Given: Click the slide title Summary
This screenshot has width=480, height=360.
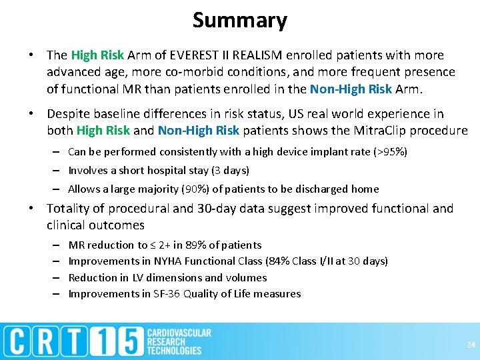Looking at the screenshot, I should (239, 20).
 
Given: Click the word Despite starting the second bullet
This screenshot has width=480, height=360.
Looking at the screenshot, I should (69, 114).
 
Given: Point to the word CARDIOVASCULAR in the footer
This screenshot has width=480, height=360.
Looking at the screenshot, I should (178, 332).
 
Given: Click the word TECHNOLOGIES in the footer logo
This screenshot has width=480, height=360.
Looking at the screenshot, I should (174, 350).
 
